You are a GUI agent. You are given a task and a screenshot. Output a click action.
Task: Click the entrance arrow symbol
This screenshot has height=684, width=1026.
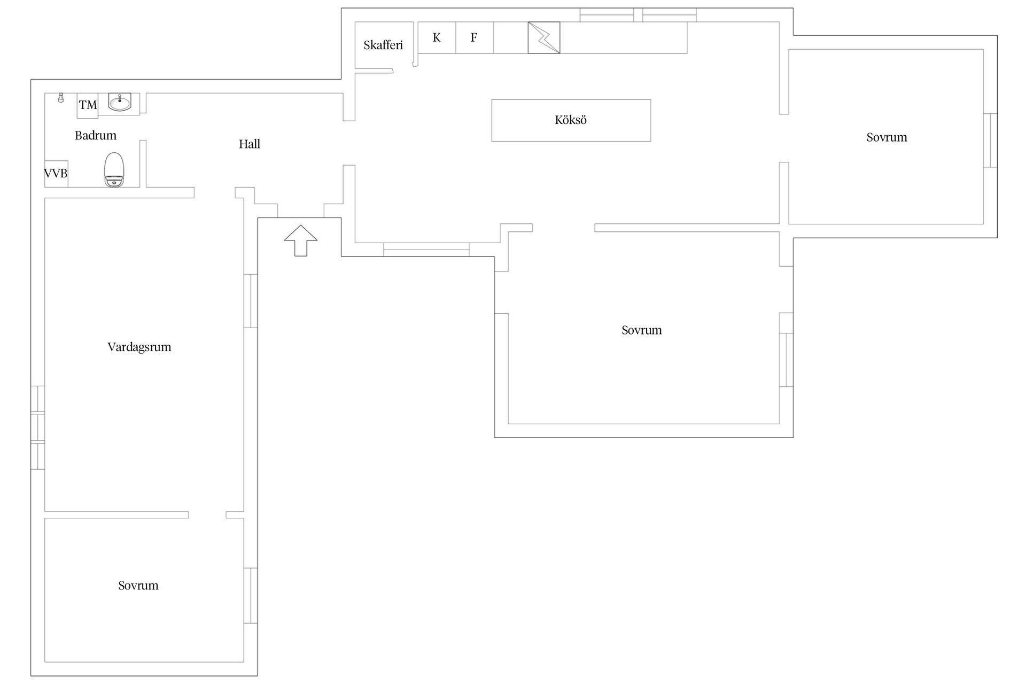301,240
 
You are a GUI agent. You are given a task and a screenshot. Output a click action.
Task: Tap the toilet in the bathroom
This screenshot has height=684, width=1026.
114,170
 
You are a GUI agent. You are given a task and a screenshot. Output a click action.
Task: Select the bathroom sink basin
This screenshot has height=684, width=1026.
119,102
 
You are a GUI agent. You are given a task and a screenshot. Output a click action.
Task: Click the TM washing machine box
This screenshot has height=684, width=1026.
88,105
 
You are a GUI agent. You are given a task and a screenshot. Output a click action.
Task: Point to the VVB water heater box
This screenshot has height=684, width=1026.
56,174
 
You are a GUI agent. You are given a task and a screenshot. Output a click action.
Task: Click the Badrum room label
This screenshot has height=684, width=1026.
96,136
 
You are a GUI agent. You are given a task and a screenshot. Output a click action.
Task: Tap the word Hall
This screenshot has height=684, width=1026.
250,144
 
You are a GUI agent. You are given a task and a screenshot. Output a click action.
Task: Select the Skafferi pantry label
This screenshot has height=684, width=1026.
383,45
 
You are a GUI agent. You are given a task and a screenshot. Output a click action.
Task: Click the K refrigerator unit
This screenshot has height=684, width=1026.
437,37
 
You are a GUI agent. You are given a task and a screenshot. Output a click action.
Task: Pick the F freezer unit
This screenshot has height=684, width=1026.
475,37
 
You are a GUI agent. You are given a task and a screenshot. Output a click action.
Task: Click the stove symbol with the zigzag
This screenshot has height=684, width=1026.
544,37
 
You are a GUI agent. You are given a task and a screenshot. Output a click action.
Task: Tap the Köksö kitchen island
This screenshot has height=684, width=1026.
571,120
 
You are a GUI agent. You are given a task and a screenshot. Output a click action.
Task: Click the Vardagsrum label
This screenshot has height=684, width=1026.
139,347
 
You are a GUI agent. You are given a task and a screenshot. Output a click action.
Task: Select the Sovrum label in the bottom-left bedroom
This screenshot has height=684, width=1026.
138,586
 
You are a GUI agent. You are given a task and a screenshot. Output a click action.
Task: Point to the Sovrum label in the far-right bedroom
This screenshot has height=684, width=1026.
887,137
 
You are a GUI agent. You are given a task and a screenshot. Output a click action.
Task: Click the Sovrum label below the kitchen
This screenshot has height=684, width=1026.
642,330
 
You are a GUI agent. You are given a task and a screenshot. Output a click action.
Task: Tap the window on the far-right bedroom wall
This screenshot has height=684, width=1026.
990,141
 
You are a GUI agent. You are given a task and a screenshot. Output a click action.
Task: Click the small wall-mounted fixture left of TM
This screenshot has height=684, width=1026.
61,98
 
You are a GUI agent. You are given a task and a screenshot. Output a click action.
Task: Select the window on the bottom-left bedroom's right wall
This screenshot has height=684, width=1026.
251,595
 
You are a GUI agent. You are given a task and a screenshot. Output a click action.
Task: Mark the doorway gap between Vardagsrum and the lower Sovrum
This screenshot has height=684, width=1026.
207,515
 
